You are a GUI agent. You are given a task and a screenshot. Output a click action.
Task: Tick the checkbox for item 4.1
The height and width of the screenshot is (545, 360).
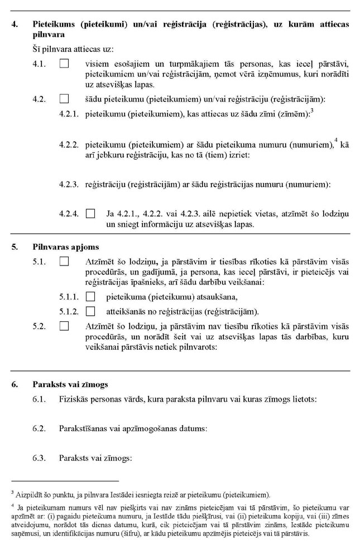(x=64, y=64)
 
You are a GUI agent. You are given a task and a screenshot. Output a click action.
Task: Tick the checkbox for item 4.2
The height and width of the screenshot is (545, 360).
(x=64, y=99)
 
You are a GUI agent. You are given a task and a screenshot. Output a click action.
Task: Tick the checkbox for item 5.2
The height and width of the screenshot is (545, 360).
(x=64, y=325)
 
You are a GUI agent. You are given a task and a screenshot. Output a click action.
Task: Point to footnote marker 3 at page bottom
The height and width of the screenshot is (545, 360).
(x=12, y=491)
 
